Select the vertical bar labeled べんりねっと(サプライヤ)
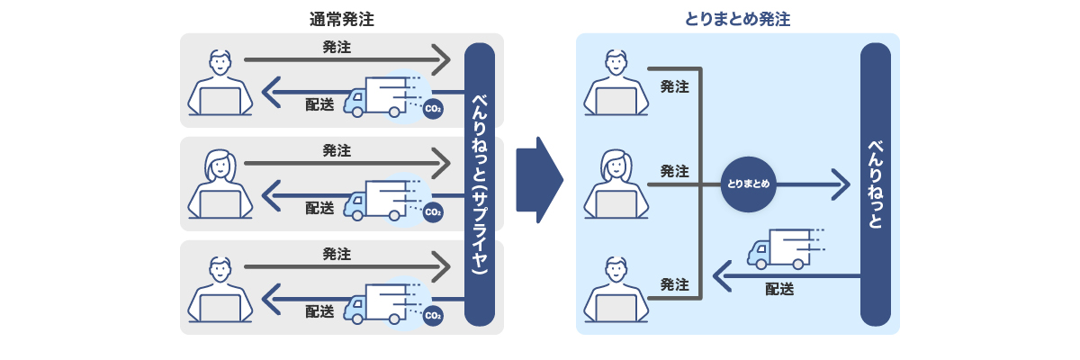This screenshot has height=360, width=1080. pyautogui.click(x=480, y=184)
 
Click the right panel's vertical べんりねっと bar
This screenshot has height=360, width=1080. pyautogui.click(x=875, y=184)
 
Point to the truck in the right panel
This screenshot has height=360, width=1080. pyautogui.click(x=784, y=248)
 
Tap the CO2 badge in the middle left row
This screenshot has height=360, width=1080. pyautogui.click(x=433, y=213)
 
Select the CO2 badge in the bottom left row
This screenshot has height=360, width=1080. pyautogui.click(x=433, y=316)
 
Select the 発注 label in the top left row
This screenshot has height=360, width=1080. pyautogui.click(x=337, y=48)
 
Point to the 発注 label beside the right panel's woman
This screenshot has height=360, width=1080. pyautogui.click(x=674, y=171)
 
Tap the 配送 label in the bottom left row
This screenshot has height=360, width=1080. pyautogui.click(x=319, y=311)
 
